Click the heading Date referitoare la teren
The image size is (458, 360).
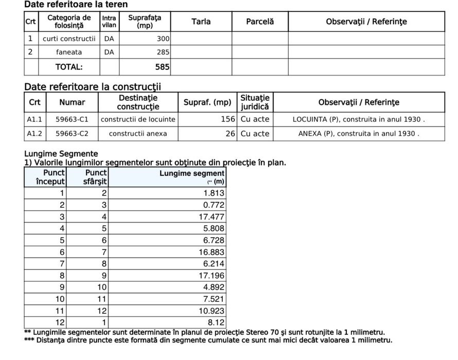(76, 5)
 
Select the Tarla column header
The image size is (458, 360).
(201, 22)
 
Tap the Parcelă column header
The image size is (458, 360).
(260, 22)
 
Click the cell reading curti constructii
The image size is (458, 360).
(69, 39)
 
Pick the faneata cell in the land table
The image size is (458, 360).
(69, 52)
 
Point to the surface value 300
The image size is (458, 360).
(163, 39)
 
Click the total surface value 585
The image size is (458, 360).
(163, 67)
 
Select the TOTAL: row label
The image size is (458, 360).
(69, 67)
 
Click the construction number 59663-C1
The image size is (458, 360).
(72, 119)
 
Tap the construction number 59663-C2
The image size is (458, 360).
(72, 134)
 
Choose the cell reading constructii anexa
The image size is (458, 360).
(138, 134)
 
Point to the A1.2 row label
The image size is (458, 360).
(34, 134)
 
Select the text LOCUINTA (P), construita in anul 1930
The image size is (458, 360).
(359, 119)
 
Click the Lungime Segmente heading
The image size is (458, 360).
(61, 154)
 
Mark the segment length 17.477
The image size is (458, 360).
(212, 217)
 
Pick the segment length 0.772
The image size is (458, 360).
(214, 205)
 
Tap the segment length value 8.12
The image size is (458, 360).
(216, 323)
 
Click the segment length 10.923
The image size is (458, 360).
(212, 311)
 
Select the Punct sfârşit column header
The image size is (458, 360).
(96, 177)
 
